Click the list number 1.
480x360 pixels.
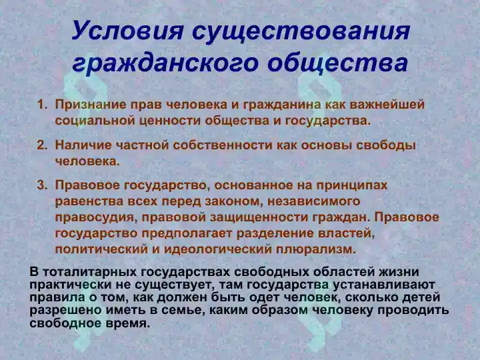(41, 105)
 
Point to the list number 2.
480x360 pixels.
(41, 145)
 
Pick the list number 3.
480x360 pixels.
(41, 185)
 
